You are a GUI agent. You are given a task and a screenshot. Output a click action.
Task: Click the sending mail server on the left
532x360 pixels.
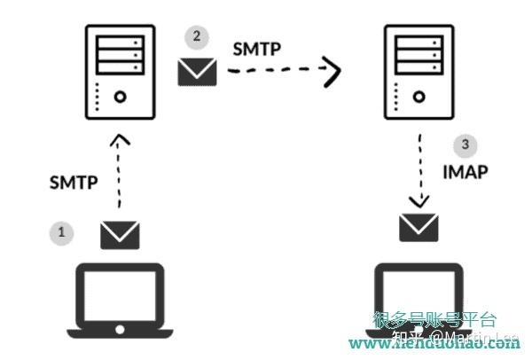click(x=119, y=72)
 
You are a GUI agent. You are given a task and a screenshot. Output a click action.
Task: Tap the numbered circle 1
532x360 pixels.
click(x=61, y=232)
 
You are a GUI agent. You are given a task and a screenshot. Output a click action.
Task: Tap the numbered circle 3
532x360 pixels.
click(x=465, y=145)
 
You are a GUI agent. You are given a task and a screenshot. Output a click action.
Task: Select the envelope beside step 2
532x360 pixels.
click(x=197, y=70)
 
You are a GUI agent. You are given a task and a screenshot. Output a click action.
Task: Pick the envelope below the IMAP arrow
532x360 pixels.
click(x=419, y=227)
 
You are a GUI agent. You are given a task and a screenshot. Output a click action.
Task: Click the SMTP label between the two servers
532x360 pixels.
click(x=257, y=49)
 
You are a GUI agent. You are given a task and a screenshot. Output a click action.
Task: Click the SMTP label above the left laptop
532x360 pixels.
click(x=73, y=185)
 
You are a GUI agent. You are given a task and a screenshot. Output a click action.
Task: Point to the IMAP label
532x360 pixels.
click(x=464, y=172)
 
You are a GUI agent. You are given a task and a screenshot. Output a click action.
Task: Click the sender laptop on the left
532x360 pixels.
click(x=119, y=302)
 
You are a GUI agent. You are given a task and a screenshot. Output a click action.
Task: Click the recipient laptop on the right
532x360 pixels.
click(x=417, y=302)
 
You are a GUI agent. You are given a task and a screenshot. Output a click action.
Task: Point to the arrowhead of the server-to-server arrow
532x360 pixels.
click(x=332, y=72)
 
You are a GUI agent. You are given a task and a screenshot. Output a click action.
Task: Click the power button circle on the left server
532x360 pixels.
click(x=120, y=97)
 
